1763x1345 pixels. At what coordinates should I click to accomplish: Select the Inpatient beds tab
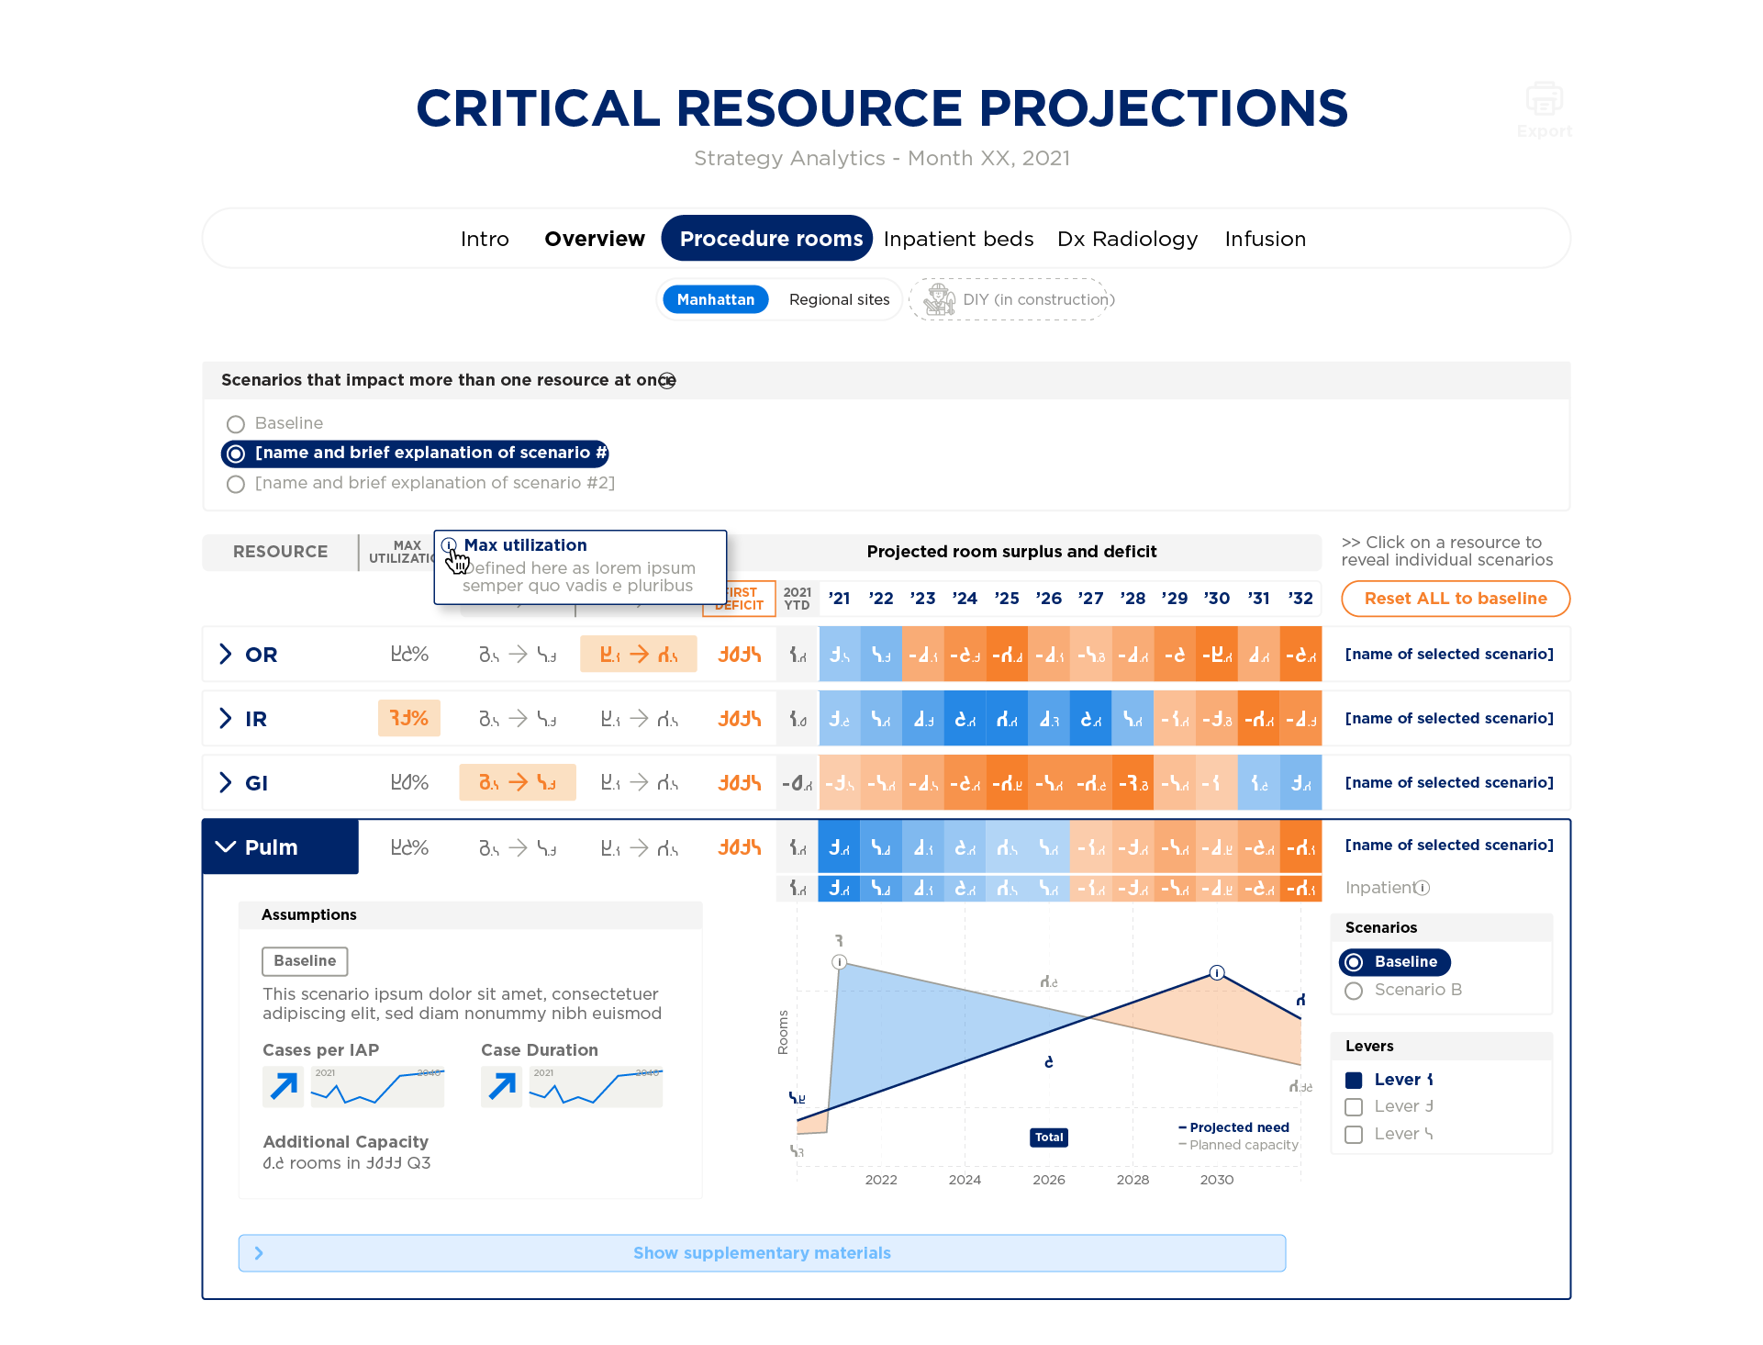tap(958, 239)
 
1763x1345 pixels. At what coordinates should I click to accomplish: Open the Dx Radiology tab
tap(1127, 239)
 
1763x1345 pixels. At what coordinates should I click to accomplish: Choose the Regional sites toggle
tap(839, 299)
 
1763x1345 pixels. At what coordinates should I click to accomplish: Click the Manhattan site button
tap(715, 299)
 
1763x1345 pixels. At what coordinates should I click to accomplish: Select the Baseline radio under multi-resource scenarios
tap(236, 424)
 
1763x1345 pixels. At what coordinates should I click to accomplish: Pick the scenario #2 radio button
tap(236, 484)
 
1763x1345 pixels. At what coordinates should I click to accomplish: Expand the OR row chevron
tap(226, 654)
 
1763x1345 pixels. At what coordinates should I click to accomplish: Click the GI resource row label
tap(256, 783)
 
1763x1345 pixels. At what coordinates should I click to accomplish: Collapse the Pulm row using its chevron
tap(225, 846)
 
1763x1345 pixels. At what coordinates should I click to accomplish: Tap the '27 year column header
tap(1090, 599)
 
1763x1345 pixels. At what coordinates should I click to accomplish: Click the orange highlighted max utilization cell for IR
tap(408, 718)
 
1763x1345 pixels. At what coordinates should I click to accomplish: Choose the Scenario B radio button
tap(1354, 991)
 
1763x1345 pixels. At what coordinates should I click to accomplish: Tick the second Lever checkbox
tap(1354, 1107)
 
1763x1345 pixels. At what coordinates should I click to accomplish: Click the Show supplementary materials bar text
tap(762, 1253)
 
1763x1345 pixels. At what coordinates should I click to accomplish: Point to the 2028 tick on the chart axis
tap(1133, 1180)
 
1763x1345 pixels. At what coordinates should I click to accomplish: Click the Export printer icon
tap(1544, 99)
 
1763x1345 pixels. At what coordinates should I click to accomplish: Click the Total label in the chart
tap(1049, 1138)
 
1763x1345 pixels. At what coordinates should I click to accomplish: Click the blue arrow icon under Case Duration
tap(502, 1087)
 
